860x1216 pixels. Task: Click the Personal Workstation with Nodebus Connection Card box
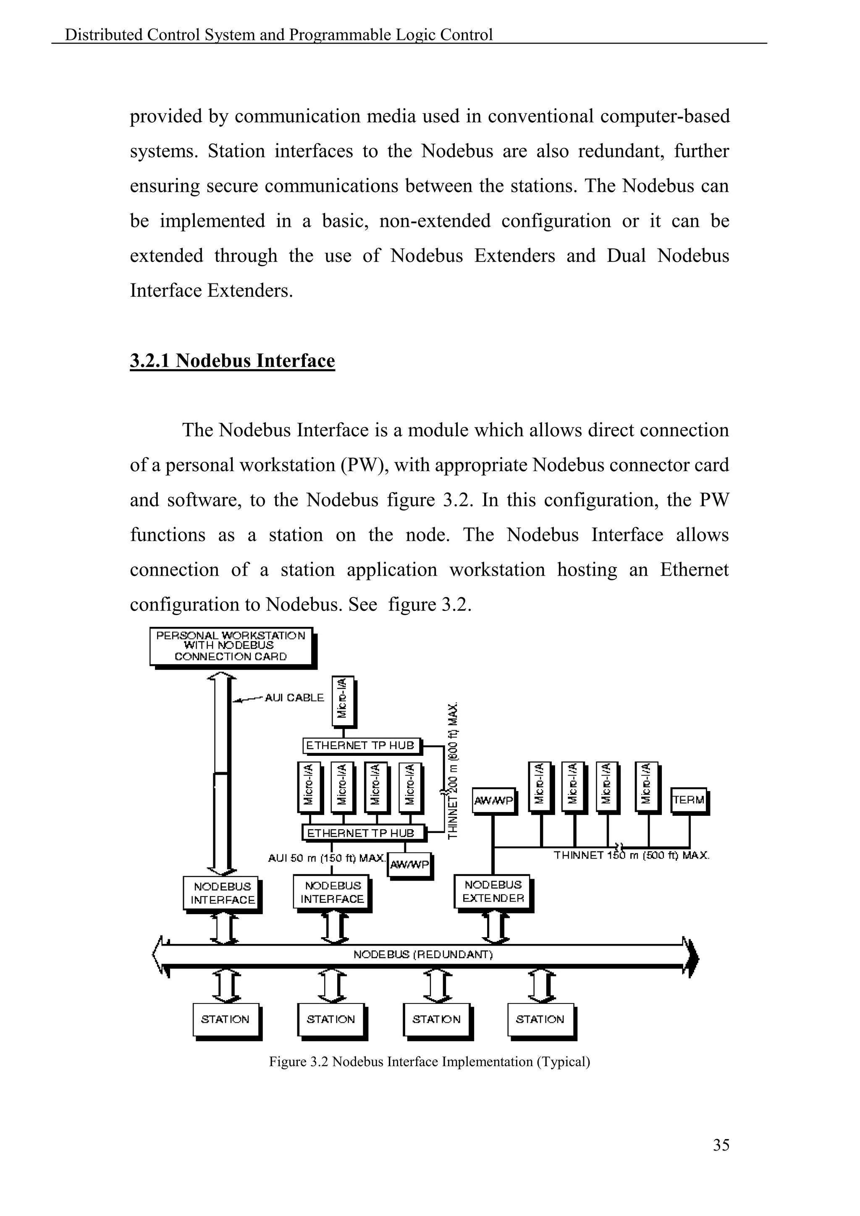pyautogui.click(x=231, y=646)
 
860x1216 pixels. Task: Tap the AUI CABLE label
pyautogui.click(x=294, y=697)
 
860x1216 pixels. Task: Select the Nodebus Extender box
pyautogui.click(x=493, y=891)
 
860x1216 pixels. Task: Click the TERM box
pyautogui.click(x=688, y=800)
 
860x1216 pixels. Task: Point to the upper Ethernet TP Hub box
pyautogui.click(x=361, y=745)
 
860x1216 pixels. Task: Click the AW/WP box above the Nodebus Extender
pyautogui.click(x=493, y=801)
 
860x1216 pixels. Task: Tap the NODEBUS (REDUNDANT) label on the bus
pyautogui.click(x=422, y=954)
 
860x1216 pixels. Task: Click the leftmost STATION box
pyautogui.click(x=225, y=1019)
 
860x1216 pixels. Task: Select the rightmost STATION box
pyautogui.click(x=540, y=1019)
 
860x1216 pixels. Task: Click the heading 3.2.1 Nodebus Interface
pyautogui.click(x=232, y=361)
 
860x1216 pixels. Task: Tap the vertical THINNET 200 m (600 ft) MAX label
pyautogui.click(x=453, y=770)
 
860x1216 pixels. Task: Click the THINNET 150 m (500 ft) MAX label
pyautogui.click(x=631, y=855)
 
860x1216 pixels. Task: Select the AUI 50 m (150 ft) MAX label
pyautogui.click(x=326, y=858)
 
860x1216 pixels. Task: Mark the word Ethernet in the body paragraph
pyautogui.click(x=694, y=570)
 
